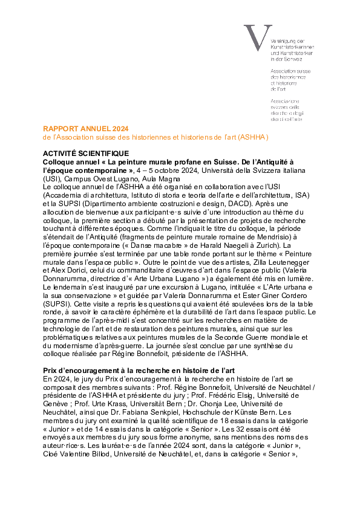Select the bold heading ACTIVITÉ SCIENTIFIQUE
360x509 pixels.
(85, 154)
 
